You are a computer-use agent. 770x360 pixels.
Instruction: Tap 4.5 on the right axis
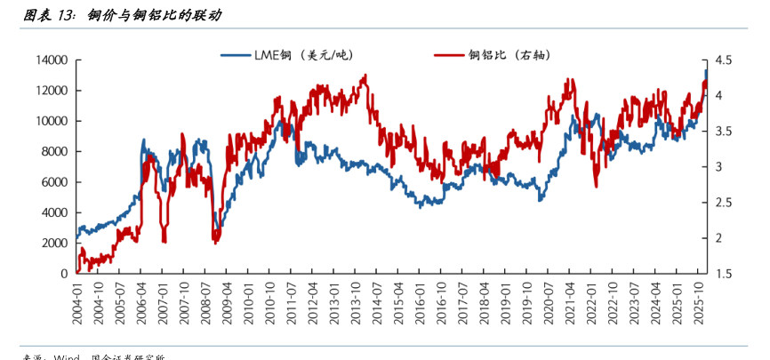pos(722,60)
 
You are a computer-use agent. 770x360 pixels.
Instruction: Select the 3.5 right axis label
pos(722,132)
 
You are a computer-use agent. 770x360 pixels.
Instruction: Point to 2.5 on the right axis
pos(722,203)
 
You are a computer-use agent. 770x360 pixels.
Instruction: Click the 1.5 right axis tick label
pos(722,274)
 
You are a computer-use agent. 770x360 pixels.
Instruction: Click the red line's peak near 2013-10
pos(365,76)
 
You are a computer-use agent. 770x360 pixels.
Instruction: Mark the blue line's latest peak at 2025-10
pos(706,70)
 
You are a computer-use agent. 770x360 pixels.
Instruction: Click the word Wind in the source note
pos(68,357)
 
